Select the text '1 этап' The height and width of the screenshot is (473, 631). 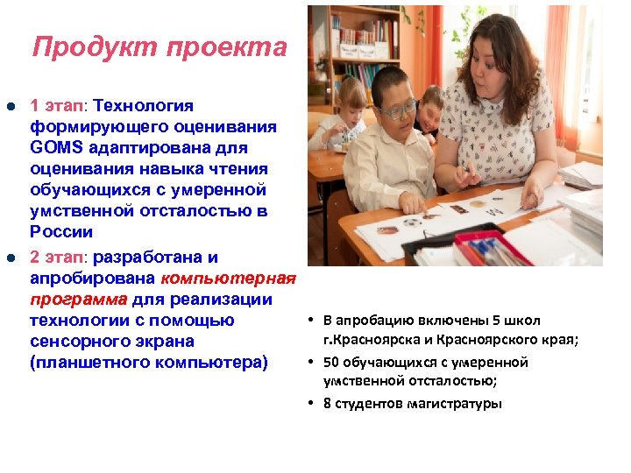coord(56,106)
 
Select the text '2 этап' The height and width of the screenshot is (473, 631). coord(56,258)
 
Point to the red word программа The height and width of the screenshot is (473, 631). coord(78,300)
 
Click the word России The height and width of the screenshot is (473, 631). coord(60,232)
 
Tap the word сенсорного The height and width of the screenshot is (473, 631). coord(78,342)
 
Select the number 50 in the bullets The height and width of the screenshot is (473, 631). coord(331,362)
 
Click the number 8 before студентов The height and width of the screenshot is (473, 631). coord(327,404)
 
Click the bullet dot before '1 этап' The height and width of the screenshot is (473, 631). coord(11,107)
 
